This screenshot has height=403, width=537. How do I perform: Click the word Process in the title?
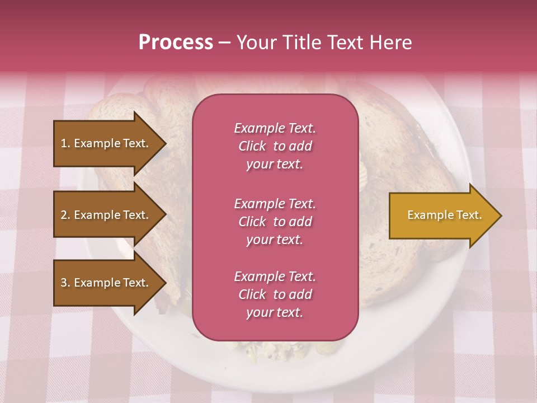point(176,43)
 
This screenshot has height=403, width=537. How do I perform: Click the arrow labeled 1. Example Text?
point(106,143)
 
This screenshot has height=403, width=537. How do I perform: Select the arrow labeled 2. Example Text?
point(106,215)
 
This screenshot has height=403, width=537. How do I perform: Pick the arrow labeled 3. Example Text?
point(106,283)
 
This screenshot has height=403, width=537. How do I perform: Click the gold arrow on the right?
point(442,215)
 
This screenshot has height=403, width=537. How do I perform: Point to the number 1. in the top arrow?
point(65,143)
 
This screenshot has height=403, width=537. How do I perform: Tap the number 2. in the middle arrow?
point(65,215)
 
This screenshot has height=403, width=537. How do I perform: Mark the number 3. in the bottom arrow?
point(65,283)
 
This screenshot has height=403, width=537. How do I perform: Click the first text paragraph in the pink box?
point(275,146)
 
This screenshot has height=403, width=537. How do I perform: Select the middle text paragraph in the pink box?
point(275,222)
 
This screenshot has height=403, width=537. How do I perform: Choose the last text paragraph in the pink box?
point(275,294)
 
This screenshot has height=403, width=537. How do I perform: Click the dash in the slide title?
point(224,43)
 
